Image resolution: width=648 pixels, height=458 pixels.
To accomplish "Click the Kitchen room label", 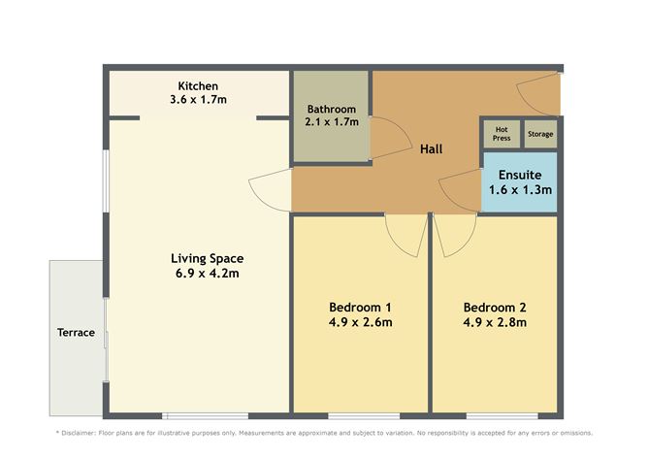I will point(197,85).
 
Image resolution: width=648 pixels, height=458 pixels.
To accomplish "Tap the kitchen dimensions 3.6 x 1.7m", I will point(197,99).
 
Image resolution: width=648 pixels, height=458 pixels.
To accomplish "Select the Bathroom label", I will point(332,109).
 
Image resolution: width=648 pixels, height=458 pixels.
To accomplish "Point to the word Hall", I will point(431,149).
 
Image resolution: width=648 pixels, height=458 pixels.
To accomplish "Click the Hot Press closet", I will point(502,133).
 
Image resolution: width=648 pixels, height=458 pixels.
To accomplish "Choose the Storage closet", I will point(540,134).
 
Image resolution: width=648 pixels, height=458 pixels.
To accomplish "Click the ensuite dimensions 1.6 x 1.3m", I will point(520,190).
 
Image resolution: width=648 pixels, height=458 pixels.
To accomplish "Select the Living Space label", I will point(207,258).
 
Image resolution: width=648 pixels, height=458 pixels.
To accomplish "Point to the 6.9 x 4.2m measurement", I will point(207,274).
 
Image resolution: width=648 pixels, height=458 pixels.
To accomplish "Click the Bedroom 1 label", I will point(360,308).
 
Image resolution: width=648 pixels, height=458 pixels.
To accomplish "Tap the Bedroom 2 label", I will point(494,308).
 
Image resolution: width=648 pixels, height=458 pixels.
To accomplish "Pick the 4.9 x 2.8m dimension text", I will point(494,323).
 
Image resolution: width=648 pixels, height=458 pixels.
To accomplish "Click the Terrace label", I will point(76,333).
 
